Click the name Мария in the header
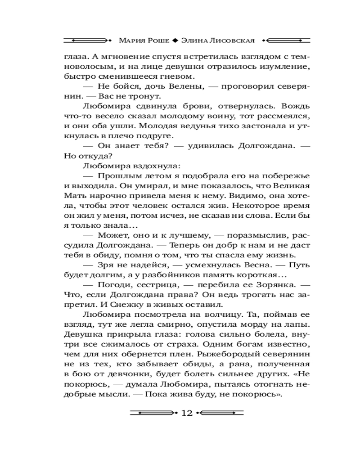click(x=132, y=40)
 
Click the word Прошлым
click(x=117, y=175)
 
